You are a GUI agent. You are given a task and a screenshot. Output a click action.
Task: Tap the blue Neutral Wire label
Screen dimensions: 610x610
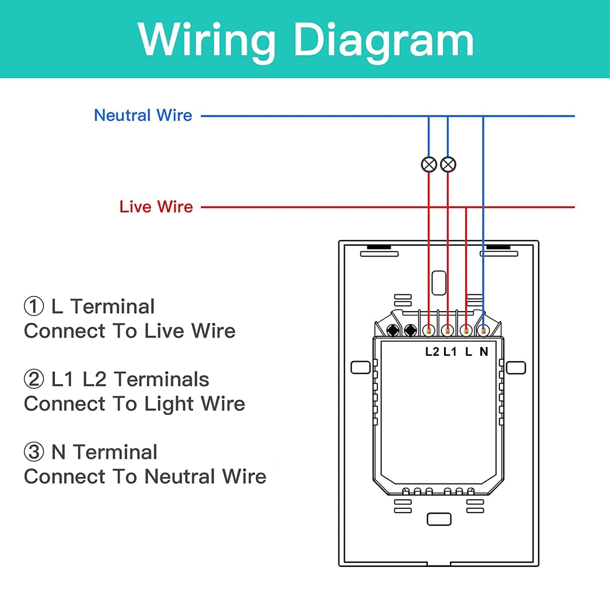(x=143, y=115)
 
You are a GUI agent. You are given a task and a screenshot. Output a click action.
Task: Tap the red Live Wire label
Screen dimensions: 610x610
(x=156, y=207)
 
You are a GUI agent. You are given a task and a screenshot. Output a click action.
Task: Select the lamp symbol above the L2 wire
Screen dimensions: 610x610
(x=429, y=165)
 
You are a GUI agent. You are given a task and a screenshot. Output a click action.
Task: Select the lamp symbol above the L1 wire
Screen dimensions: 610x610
(x=448, y=165)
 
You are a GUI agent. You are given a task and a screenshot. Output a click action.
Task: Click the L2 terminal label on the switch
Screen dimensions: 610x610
(x=432, y=351)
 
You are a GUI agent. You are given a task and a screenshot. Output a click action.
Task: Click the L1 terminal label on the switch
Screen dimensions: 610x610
(x=450, y=351)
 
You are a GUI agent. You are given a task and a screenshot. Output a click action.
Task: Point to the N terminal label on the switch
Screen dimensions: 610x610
(x=484, y=351)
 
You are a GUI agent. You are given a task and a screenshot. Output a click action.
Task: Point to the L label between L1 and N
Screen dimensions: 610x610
(x=469, y=351)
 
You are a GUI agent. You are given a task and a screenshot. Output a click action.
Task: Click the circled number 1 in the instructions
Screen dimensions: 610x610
(x=34, y=306)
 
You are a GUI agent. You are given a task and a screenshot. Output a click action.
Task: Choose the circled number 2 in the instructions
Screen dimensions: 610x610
(x=34, y=379)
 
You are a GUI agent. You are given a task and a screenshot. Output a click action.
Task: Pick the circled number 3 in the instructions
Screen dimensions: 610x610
(x=34, y=452)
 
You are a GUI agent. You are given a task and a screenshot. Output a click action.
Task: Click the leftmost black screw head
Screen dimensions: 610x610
(x=393, y=331)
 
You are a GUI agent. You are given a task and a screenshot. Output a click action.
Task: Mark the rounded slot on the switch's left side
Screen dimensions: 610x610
(x=361, y=368)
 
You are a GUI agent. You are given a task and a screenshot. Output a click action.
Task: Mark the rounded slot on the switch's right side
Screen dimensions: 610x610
(x=516, y=368)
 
